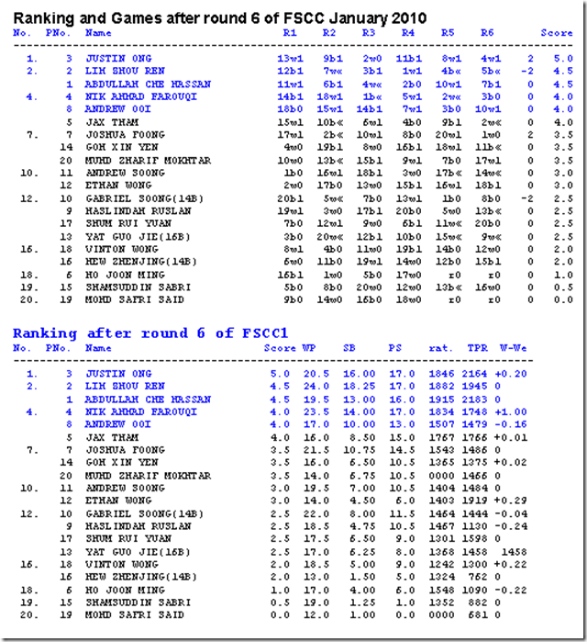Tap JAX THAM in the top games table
[x=109, y=121]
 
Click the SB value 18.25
[x=351, y=387]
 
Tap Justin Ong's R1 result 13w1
[x=292, y=58]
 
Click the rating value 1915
[x=443, y=400]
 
